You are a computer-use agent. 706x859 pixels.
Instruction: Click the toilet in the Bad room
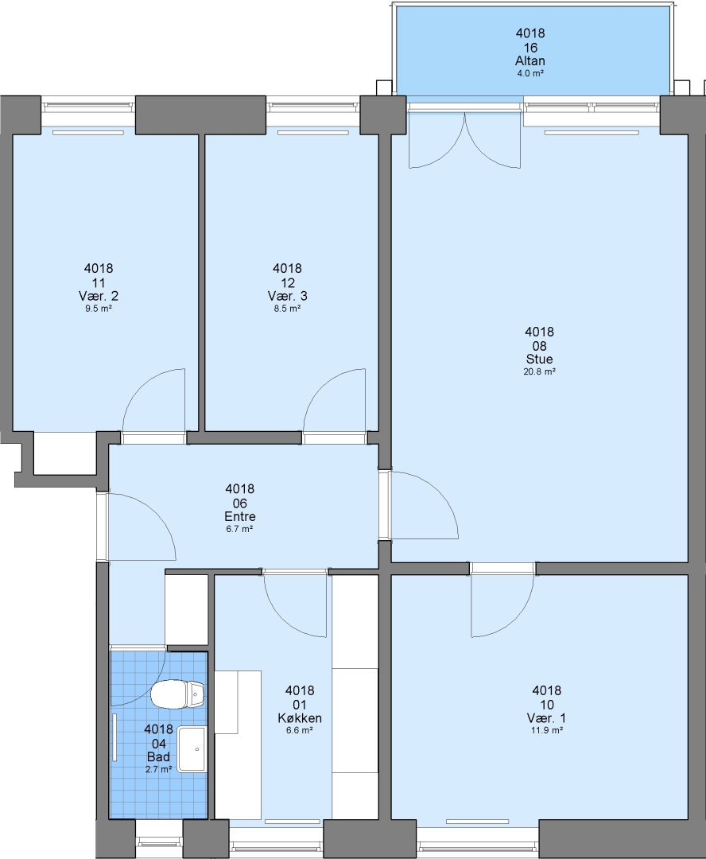coord(177,694)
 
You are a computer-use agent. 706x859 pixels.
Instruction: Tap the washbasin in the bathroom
coord(192,749)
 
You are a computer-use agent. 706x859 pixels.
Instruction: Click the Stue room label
coord(540,360)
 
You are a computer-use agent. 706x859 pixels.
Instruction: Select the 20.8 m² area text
coord(540,371)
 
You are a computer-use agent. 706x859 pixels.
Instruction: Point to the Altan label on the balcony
coord(530,60)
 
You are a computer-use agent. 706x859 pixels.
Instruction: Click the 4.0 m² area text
coord(530,73)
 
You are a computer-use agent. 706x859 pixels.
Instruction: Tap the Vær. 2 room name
coord(99,296)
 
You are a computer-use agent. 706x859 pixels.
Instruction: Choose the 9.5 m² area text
coord(99,308)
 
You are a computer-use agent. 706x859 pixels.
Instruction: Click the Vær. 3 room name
coord(288,296)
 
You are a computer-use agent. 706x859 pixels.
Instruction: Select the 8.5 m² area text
coord(288,308)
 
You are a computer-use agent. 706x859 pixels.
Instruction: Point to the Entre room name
coord(240,517)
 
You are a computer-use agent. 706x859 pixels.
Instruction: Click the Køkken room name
coord(300,718)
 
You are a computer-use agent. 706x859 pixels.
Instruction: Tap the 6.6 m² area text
coord(300,730)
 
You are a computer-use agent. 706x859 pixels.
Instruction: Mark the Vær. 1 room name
coord(547,718)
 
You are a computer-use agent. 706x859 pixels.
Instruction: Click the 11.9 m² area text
coord(547,730)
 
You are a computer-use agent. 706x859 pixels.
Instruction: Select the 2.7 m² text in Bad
coord(159,769)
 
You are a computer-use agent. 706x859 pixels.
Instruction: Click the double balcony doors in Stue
coord(464,140)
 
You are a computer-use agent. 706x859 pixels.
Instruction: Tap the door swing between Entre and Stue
coord(424,504)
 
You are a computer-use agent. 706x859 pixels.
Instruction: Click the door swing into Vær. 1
coord(502,605)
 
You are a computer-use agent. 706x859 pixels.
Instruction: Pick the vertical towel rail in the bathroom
coord(115,737)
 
